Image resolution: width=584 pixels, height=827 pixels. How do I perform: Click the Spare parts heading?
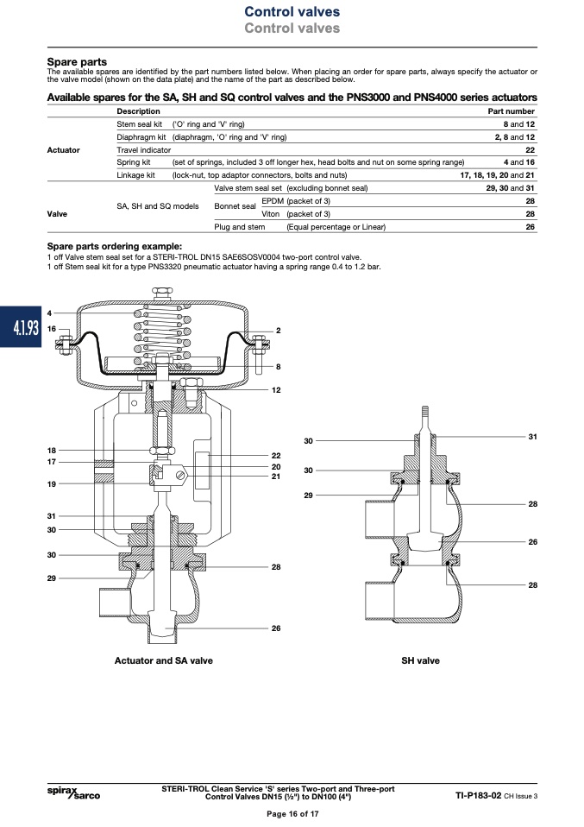tap(77, 61)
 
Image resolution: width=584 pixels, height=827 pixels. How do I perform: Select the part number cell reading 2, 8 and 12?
tap(514, 137)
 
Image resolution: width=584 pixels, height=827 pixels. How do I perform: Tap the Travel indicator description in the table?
tap(144, 150)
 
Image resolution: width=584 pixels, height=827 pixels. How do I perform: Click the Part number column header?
tap(512, 111)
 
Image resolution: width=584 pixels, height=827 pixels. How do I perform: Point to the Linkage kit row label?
tap(136, 175)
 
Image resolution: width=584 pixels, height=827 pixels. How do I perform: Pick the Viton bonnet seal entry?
tap(270, 213)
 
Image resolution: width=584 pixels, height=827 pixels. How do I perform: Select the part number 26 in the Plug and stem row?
tap(531, 227)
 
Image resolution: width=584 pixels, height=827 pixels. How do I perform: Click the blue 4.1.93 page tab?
tap(21, 327)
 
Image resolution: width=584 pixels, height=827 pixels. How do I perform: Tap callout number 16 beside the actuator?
tap(51, 329)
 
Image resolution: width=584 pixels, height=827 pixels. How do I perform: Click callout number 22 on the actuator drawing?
tap(276, 455)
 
